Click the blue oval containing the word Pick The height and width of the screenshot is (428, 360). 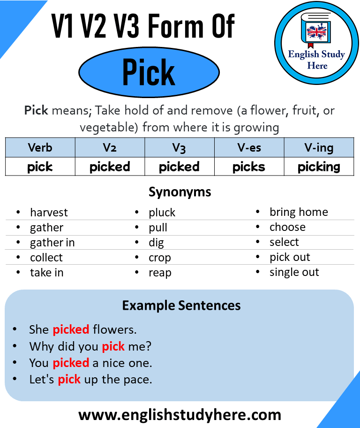click(149, 72)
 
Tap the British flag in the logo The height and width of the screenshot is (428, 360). click(317, 32)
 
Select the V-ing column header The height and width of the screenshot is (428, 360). click(319, 148)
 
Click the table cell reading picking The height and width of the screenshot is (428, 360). click(319, 167)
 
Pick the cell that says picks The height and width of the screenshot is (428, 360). click(249, 167)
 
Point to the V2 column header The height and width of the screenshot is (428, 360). click(110, 148)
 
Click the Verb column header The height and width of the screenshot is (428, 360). click(40, 148)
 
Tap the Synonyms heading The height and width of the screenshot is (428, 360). click(180, 192)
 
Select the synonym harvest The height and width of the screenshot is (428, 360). click(49, 213)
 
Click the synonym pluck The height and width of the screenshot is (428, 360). click(162, 213)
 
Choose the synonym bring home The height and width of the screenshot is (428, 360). click(299, 212)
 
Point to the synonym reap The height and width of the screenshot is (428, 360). click(160, 273)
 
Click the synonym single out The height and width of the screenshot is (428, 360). click(294, 273)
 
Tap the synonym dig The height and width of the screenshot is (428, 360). click(156, 243)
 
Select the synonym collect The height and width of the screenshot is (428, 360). click(46, 258)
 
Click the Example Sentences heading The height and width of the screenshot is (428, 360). click(181, 306)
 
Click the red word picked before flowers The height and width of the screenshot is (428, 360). click(71, 330)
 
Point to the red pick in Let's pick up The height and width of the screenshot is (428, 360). click(69, 379)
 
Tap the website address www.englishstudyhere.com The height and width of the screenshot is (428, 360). click(180, 415)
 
